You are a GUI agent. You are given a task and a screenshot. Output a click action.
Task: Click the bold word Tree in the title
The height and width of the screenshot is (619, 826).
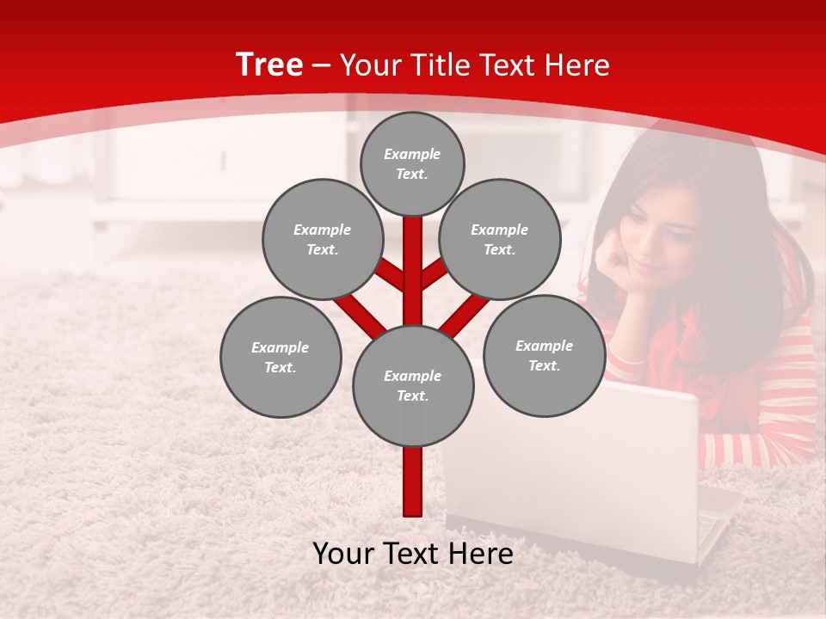[x=269, y=64]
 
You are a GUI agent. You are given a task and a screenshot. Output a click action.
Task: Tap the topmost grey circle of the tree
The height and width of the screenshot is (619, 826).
[x=412, y=163]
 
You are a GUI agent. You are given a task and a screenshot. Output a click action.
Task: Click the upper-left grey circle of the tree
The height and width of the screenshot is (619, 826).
[x=322, y=239]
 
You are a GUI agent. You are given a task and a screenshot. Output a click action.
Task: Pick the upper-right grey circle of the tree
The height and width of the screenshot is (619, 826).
[x=499, y=239]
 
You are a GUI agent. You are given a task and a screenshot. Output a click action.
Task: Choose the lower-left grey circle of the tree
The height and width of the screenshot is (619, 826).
[x=280, y=357]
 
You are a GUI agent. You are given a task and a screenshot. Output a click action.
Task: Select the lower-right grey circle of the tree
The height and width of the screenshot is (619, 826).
[x=544, y=355]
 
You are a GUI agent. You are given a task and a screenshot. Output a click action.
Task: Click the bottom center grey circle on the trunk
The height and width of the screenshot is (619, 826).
[x=413, y=386]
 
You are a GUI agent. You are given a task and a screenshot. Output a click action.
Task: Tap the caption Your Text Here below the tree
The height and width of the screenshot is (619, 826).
[x=413, y=554]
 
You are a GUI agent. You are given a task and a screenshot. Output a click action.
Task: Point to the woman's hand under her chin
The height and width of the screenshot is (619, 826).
[x=613, y=262]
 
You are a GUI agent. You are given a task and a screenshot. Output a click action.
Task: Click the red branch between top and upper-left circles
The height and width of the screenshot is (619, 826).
[x=389, y=273]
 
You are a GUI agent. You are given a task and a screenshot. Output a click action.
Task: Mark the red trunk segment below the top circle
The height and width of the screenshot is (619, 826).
[x=413, y=258]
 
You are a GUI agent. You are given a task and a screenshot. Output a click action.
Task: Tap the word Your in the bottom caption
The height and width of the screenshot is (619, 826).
[x=343, y=554]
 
